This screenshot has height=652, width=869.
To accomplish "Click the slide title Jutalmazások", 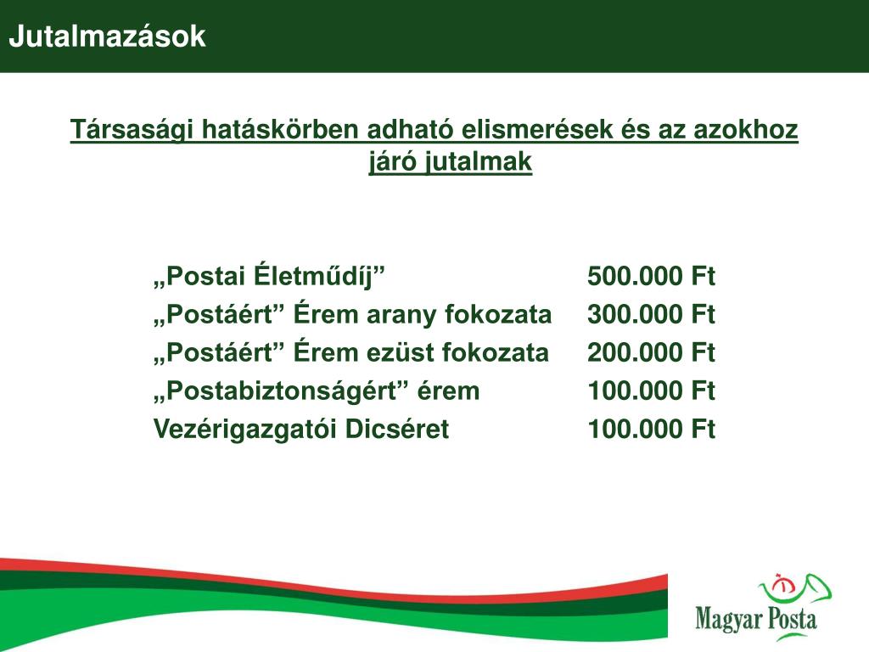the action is click(x=108, y=37).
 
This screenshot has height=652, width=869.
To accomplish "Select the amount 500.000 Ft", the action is click(x=651, y=276).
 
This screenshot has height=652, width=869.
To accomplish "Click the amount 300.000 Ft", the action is click(x=651, y=314).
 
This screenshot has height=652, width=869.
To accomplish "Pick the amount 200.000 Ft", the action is click(x=651, y=352).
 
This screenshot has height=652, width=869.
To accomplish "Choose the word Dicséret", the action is click(x=397, y=429).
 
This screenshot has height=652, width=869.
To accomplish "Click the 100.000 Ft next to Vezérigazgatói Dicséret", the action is click(x=651, y=429).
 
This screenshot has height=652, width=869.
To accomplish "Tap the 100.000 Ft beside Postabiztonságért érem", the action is click(x=651, y=391).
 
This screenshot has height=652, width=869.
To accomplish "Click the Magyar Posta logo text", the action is click(x=756, y=619).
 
